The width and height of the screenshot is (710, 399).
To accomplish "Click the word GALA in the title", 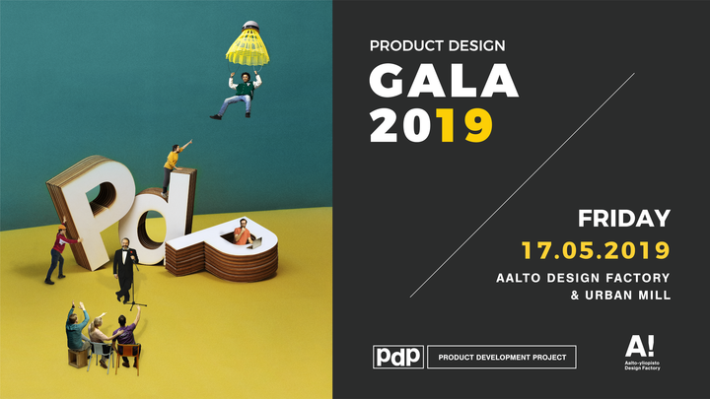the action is pyautogui.click(x=444, y=80).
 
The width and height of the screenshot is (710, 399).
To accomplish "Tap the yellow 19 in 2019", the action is pyautogui.click(x=466, y=125).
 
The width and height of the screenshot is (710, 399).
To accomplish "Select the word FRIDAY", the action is pyautogui.click(x=623, y=218).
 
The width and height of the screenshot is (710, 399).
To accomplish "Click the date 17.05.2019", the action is pyautogui.click(x=596, y=250).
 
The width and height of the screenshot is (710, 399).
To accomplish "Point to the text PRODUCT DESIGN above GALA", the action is pyautogui.click(x=437, y=45).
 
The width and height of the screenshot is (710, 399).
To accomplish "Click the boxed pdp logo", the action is pyautogui.click(x=398, y=357).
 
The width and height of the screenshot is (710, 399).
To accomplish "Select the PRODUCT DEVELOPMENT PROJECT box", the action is pyautogui.click(x=502, y=357).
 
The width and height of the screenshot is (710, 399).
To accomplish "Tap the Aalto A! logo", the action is pyautogui.click(x=642, y=353).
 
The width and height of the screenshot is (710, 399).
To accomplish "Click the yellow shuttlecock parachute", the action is pyautogui.click(x=248, y=45).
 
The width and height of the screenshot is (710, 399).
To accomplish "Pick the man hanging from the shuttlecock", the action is pyautogui.click(x=238, y=96).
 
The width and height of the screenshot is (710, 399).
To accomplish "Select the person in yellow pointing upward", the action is pyautogui.click(x=174, y=166).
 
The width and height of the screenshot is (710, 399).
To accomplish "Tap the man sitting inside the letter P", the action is pyautogui.click(x=244, y=233).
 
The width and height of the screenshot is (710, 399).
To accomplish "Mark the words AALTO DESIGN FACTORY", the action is pyautogui.click(x=583, y=277).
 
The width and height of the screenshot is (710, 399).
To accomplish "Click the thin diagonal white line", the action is pyautogui.click(x=523, y=185).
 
